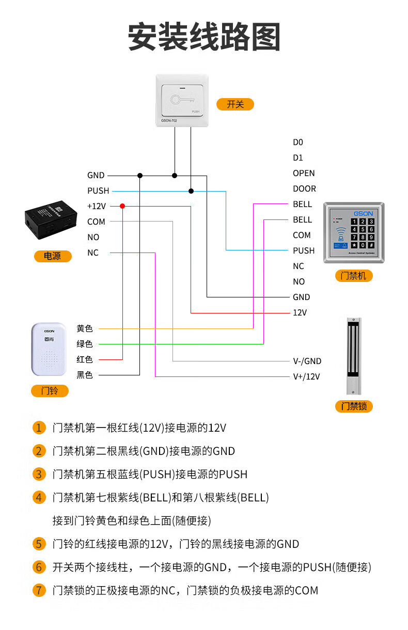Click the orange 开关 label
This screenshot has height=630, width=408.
(x=235, y=104)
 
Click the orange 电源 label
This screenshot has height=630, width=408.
(x=52, y=256)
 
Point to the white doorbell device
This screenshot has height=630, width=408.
(x=49, y=350)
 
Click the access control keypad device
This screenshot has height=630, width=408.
(x=354, y=232)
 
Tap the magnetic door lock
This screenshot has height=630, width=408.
(x=353, y=356)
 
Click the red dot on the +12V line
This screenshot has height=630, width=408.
(x=122, y=206)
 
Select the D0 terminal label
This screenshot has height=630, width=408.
(x=298, y=142)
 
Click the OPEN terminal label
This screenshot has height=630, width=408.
(x=304, y=173)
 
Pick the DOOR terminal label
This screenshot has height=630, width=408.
(x=304, y=188)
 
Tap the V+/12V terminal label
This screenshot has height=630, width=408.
(x=306, y=376)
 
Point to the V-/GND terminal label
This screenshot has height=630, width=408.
(x=307, y=361)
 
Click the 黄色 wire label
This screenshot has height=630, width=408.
(x=85, y=328)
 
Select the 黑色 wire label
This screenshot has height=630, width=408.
(x=85, y=375)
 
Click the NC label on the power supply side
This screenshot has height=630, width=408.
(x=93, y=253)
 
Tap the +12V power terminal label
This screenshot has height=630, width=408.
(x=97, y=206)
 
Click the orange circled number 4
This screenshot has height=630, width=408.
(x=39, y=498)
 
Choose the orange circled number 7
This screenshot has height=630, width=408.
(x=39, y=590)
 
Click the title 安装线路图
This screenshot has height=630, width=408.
(x=204, y=37)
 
